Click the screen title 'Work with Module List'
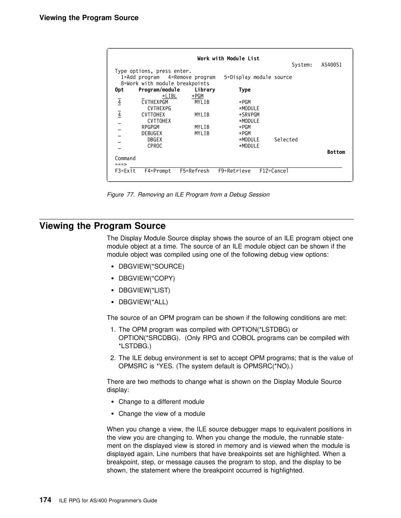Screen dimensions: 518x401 click(x=228, y=59)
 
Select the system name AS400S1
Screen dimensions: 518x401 click(x=332, y=65)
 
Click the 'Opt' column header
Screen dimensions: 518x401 click(x=119, y=90)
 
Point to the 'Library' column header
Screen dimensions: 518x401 click(x=205, y=90)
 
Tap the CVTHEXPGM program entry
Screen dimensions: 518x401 click(x=154, y=102)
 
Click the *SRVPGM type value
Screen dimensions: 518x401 click(x=249, y=115)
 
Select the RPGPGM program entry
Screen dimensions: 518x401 click(x=150, y=127)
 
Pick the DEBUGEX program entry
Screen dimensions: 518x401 click(x=151, y=133)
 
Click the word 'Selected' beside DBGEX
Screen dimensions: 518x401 click(x=286, y=140)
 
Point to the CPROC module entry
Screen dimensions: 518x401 click(x=155, y=146)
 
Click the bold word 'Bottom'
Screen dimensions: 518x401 click(x=336, y=152)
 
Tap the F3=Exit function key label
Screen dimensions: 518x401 click(x=125, y=171)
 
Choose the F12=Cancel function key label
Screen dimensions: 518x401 click(x=274, y=171)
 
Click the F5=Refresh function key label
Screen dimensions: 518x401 click(x=195, y=171)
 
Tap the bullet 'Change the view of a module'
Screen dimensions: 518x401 click(x=162, y=413)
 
